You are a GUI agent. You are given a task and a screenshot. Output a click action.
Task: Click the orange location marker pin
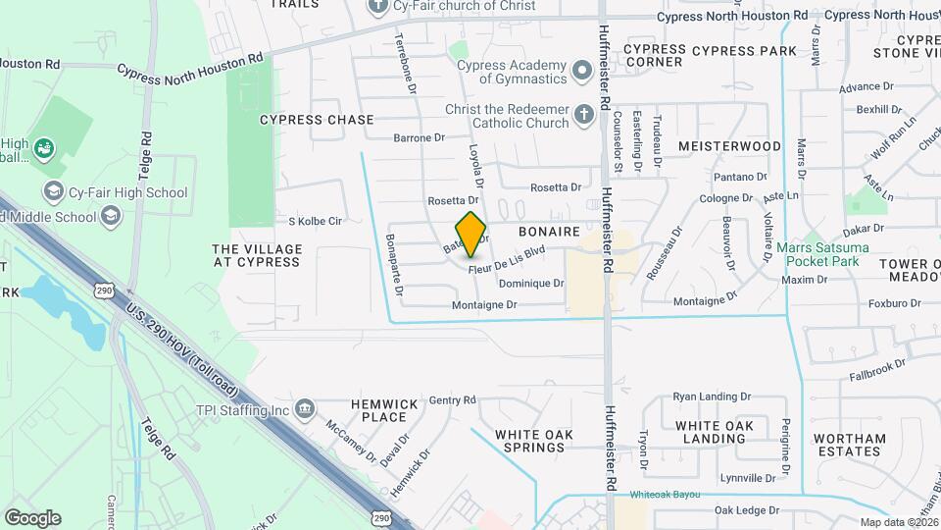tap(471, 233)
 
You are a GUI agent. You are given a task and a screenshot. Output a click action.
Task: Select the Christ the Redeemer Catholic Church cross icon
tap(583, 115)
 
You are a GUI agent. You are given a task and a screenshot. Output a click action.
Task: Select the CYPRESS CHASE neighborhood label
tap(317, 120)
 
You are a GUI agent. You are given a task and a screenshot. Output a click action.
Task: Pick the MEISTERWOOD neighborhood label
tap(730, 146)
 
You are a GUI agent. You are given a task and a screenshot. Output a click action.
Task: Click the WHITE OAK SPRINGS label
tap(530, 441)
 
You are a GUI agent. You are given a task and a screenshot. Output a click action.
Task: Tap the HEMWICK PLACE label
tap(384, 410)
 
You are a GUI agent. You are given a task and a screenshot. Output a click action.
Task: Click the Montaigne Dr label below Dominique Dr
tap(484, 305)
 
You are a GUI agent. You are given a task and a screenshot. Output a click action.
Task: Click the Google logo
tap(32, 517)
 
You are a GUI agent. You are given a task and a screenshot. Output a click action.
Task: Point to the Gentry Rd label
tap(452, 399)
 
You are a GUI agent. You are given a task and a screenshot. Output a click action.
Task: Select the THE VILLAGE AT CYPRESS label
tap(256, 255)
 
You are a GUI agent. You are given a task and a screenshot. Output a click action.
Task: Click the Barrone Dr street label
tap(419, 138)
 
